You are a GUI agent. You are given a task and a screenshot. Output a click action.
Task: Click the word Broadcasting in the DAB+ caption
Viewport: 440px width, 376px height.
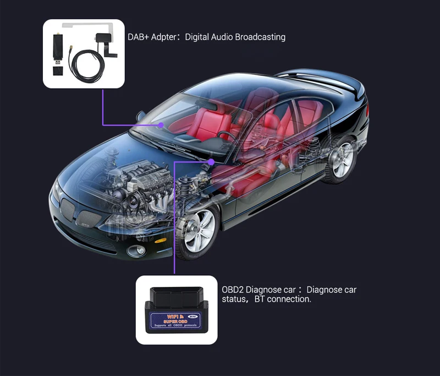coord(260,37)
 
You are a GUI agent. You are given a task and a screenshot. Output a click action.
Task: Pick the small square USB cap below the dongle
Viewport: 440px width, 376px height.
coord(57,71)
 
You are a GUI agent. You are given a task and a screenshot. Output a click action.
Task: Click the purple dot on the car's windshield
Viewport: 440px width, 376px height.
coord(161,125)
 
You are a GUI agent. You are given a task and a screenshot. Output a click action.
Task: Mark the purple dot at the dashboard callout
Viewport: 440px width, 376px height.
coord(212,162)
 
